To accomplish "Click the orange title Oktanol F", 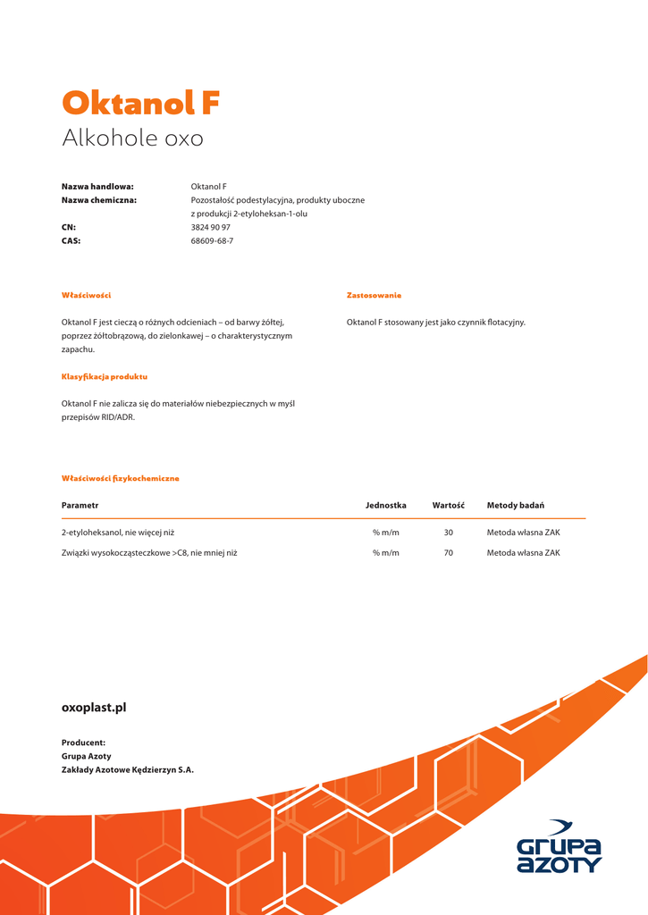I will [x=140, y=104].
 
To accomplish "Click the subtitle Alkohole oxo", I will [x=132, y=139].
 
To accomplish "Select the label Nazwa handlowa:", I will [x=97, y=187].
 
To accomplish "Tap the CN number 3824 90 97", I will [x=211, y=228].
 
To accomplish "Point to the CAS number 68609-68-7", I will [x=212, y=241].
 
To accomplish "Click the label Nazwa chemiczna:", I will [x=98, y=200].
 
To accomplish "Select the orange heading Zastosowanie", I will [x=374, y=295].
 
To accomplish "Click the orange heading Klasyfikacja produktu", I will [x=104, y=377].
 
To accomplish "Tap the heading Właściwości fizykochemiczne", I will [x=120, y=478].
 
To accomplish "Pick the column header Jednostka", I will [x=385, y=506].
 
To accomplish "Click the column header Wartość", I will [x=448, y=506].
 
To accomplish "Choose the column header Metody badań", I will [x=516, y=506].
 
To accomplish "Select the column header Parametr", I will [x=80, y=506].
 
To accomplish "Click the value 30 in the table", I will [x=448, y=533].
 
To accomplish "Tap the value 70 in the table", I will [x=448, y=553].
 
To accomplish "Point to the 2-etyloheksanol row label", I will [x=117, y=533].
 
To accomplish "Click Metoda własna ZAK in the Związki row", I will [x=523, y=553].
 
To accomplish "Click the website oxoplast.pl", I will [x=94, y=708].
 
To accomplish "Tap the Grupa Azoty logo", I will [x=560, y=847].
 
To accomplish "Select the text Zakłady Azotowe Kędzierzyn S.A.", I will [x=127, y=769].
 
